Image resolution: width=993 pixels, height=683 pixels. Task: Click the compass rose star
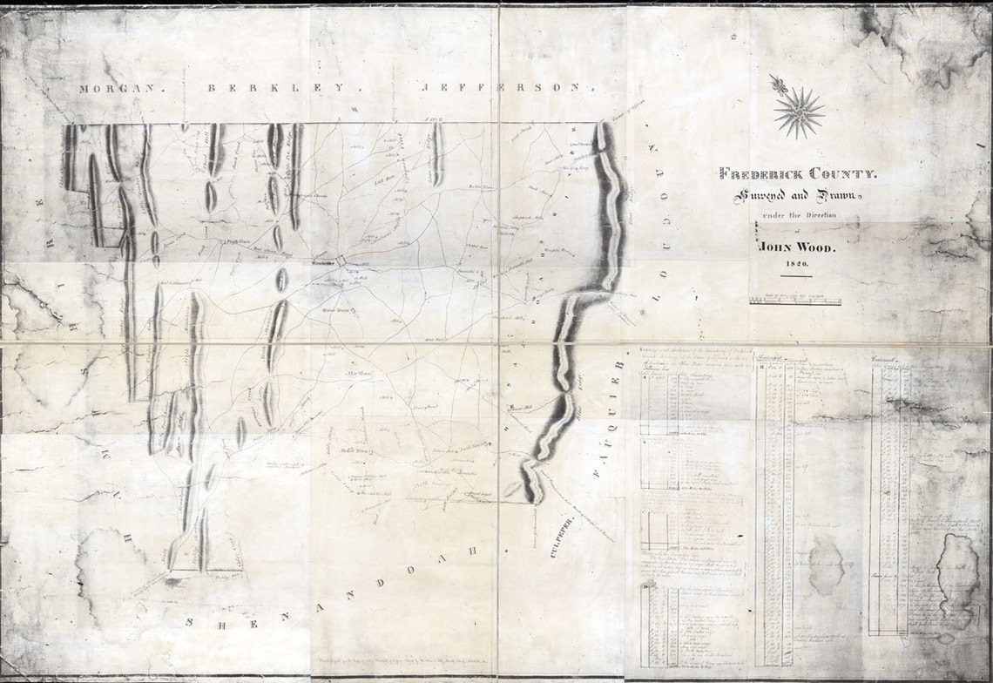pyautogui.click(x=798, y=112)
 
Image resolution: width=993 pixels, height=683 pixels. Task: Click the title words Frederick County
pyautogui.click(x=799, y=173)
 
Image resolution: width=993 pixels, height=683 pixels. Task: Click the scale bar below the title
pyautogui.click(x=795, y=301)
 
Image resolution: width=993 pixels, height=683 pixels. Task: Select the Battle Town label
pyautogui.click(x=481, y=187)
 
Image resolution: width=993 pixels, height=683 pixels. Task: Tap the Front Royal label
pyautogui.click(x=476, y=494)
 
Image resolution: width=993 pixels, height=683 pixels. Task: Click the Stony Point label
pyautogui.click(x=423, y=407)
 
